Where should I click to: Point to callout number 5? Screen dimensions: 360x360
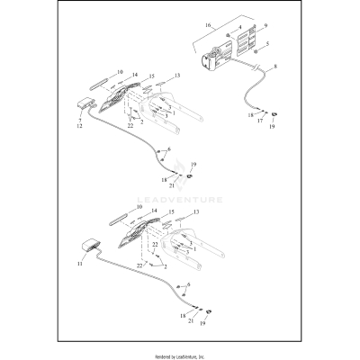click(x=265, y=44)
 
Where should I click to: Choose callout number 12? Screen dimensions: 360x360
click(x=79, y=128)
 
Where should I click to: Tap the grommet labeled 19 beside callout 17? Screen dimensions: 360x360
click(x=273, y=114)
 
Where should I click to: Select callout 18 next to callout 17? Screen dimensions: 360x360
click(x=251, y=115)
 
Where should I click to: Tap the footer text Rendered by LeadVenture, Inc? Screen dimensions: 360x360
click(x=180, y=356)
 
